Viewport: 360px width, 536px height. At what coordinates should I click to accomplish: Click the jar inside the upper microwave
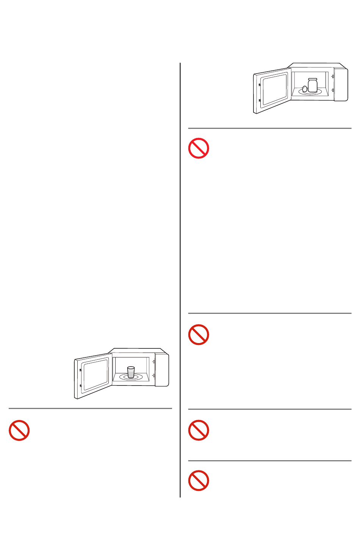click(312, 86)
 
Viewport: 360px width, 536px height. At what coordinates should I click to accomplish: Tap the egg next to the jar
click(305, 89)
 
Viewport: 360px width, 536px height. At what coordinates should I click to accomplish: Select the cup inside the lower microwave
click(131, 372)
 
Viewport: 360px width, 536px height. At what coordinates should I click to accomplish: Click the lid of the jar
click(312, 79)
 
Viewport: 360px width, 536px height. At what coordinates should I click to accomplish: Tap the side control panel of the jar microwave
click(341, 85)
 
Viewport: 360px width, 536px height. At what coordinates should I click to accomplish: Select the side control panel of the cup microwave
click(162, 370)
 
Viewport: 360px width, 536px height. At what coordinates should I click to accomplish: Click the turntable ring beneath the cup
click(131, 377)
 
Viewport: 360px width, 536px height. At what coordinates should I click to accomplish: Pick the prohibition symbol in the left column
click(19, 430)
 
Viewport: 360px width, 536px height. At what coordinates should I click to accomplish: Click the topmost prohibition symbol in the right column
click(199, 148)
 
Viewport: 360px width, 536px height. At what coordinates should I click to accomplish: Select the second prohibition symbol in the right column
click(199, 335)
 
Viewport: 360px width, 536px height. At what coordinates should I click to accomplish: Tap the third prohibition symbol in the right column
click(199, 430)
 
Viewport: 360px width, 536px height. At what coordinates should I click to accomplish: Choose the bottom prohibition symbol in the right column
click(199, 481)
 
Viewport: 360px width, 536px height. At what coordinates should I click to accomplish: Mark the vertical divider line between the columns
click(180, 265)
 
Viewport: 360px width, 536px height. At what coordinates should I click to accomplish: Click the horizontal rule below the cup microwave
click(90, 409)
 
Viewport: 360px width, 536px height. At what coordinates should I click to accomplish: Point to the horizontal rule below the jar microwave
click(270, 129)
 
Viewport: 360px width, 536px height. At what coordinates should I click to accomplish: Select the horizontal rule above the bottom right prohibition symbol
click(270, 461)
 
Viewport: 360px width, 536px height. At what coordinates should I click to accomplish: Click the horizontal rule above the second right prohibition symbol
click(270, 313)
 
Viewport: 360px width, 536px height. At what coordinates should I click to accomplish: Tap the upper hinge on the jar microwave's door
click(259, 85)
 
